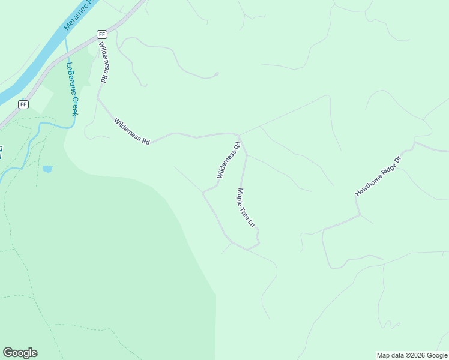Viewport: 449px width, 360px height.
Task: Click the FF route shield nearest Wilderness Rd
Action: [x=102, y=34]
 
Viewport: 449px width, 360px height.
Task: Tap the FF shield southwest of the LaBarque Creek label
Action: [x=23, y=104]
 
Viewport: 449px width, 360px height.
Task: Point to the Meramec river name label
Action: [x=80, y=17]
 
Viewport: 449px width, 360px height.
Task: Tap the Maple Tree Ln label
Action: [x=246, y=208]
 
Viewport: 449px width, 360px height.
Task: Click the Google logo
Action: [x=20, y=353]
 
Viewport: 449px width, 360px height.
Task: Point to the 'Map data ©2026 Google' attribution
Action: [x=412, y=355]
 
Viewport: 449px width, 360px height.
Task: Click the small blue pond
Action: [x=47, y=169]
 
